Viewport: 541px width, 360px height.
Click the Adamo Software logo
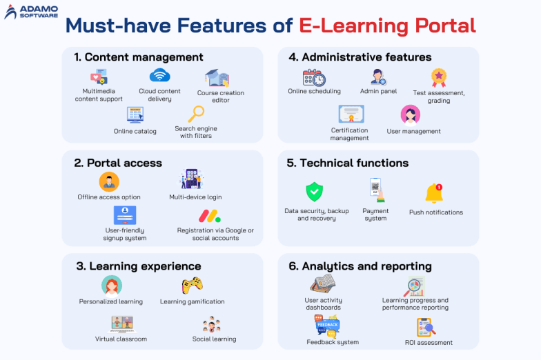(31, 12)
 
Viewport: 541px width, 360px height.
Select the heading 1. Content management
(139, 57)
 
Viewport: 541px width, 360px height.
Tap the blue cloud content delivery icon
(159, 76)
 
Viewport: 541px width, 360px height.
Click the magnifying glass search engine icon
(196, 114)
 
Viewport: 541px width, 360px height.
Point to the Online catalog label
(135, 131)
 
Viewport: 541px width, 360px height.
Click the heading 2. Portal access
(118, 163)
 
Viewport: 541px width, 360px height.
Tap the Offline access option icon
(109, 181)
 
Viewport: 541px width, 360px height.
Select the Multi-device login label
(195, 197)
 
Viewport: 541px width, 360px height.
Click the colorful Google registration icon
(209, 215)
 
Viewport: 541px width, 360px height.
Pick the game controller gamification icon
(192, 285)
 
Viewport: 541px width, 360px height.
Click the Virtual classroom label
(121, 339)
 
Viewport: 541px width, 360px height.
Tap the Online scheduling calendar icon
(314, 77)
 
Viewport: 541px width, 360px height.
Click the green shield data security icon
(315, 191)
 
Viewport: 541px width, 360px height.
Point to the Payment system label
(375, 215)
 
